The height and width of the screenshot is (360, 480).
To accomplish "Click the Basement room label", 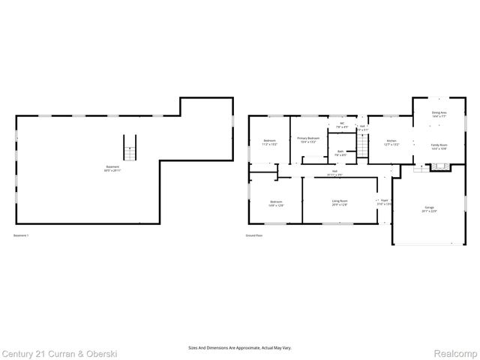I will [111, 168].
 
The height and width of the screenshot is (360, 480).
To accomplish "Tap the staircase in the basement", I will [130, 148].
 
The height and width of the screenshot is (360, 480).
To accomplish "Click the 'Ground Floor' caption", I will [255, 235].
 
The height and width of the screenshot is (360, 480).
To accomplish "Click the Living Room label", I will [340, 202].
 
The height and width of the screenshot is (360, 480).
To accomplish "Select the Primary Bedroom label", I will [308, 140].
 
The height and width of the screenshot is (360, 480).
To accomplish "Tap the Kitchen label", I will [391, 142].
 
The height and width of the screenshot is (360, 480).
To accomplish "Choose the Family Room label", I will [439, 147].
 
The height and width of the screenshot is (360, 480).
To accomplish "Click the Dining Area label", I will [439, 115].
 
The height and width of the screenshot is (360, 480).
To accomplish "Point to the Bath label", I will [340, 153].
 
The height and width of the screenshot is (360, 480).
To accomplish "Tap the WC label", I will [341, 125].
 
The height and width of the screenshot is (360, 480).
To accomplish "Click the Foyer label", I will [384, 202].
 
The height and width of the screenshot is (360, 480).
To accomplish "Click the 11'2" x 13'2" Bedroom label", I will [269, 142].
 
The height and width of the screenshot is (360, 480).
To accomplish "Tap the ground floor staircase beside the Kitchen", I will [363, 148].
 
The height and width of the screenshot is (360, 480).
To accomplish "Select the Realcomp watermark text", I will [454, 352].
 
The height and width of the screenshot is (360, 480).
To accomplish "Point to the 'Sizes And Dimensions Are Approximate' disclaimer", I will [240, 347].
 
